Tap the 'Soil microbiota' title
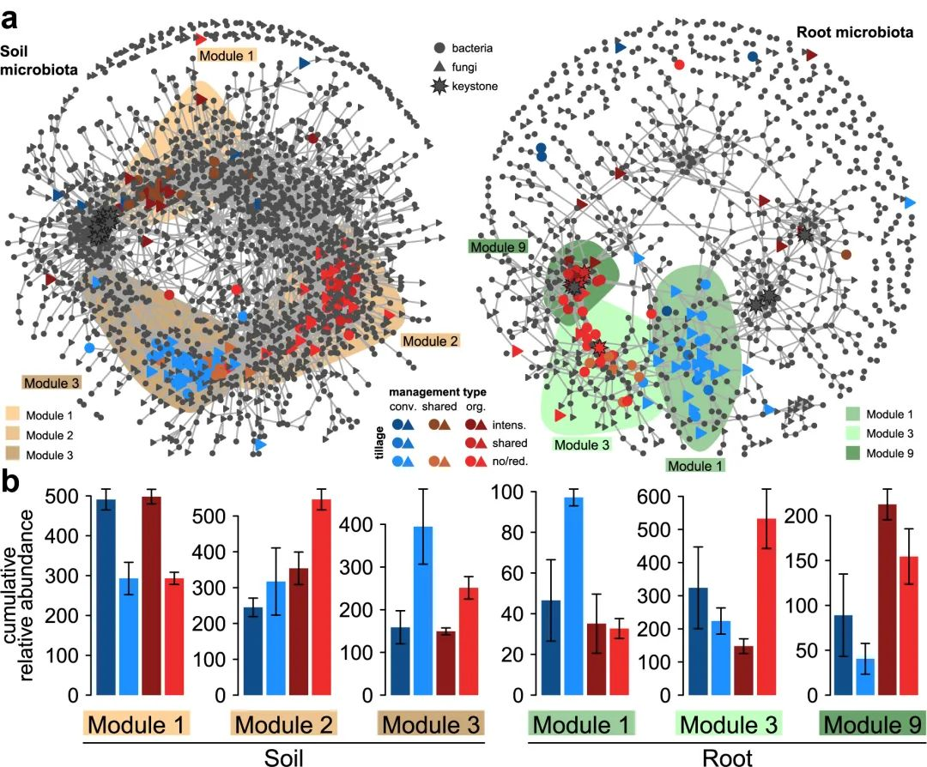click(39, 59)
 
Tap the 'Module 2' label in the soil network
click(428, 341)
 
